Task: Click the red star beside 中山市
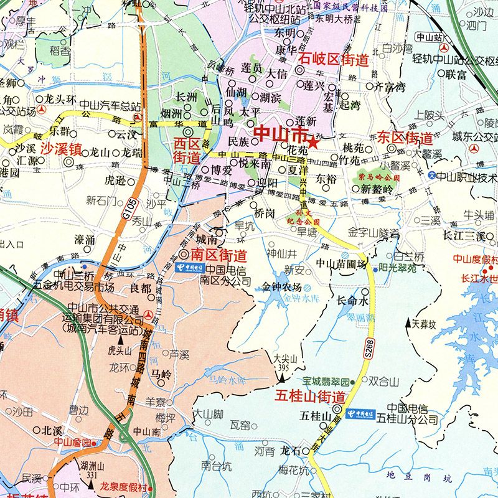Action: [313, 143]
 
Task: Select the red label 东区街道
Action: [405, 138]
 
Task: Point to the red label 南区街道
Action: [218, 255]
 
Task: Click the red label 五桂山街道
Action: [310, 396]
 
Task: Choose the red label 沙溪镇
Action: [62, 149]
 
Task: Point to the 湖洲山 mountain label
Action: [91, 466]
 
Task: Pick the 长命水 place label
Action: [353, 300]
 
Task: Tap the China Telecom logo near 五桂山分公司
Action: [360, 413]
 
